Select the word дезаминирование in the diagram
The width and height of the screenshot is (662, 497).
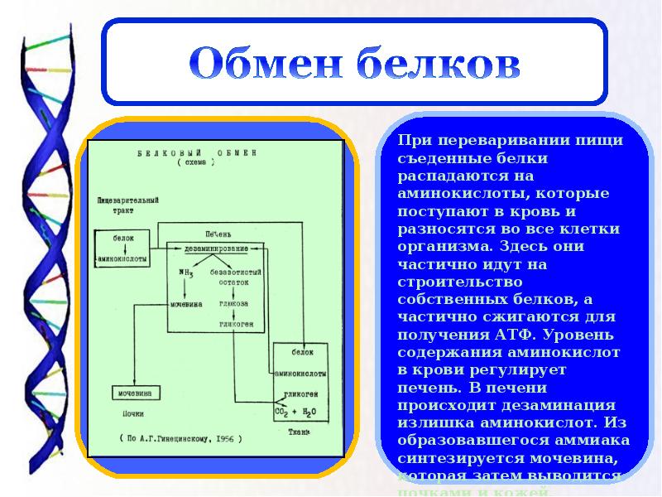(x=218, y=248)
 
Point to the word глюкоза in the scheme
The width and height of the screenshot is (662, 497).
(x=235, y=304)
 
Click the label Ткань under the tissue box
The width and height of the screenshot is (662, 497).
(x=299, y=432)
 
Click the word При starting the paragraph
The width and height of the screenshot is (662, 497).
(x=414, y=140)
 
